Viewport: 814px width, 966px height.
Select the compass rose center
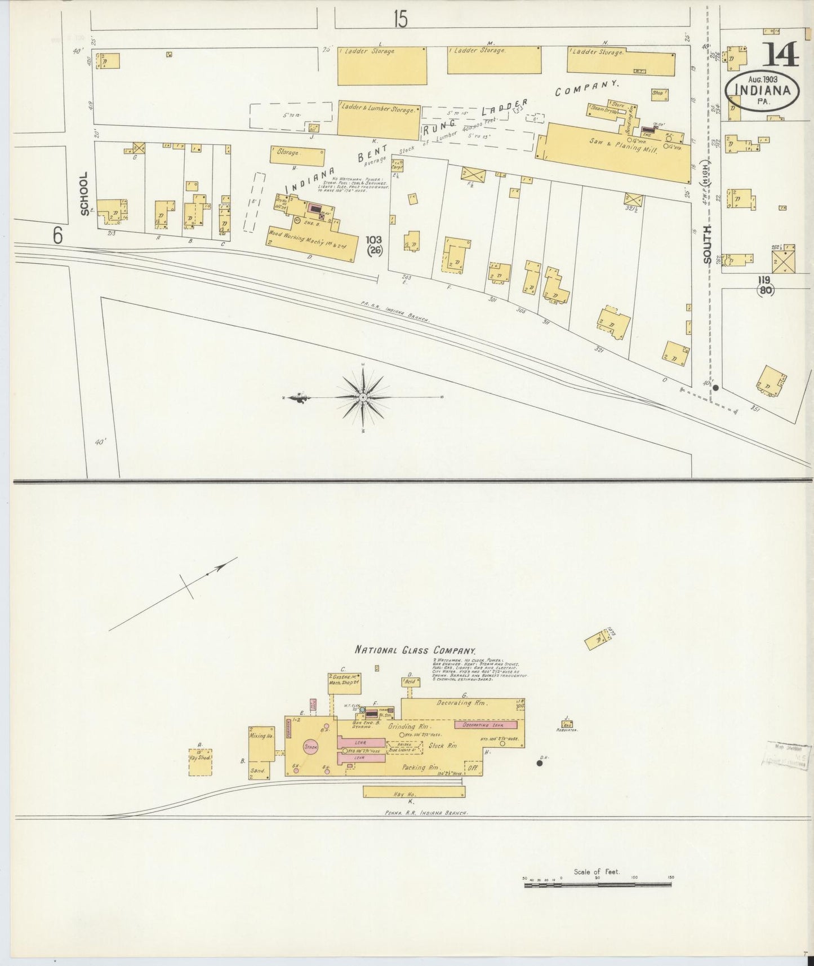[363, 397]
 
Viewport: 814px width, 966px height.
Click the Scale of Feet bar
[598, 885]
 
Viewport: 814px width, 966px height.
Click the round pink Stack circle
[311, 746]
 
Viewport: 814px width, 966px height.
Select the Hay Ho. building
[414, 792]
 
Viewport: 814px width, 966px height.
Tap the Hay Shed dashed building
[201, 763]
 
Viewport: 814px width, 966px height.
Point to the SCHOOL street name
[84, 194]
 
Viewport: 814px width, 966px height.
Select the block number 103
[374, 240]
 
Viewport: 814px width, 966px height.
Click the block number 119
[764, 280]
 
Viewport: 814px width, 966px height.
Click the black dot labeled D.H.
[540, 763]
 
